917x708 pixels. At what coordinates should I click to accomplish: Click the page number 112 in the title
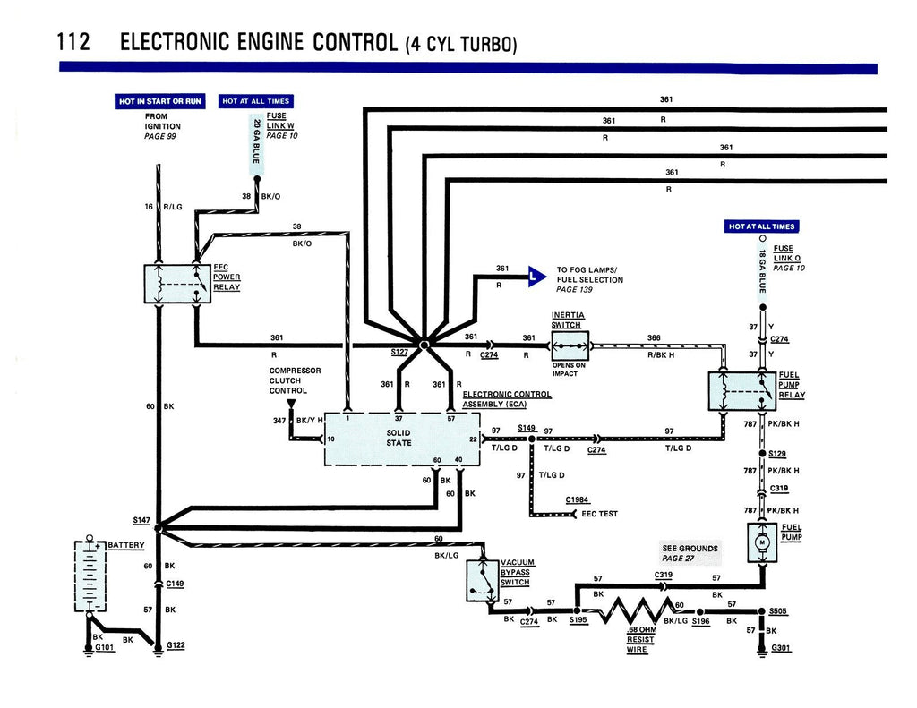coord(73,43)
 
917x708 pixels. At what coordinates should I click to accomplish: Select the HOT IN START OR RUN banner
coord(160,101)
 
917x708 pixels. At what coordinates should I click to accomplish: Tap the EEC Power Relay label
coord(227,277)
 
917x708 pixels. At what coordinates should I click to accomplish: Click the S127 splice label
coord(400,353)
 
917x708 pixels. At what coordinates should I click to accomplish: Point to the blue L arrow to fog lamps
coord(536,277)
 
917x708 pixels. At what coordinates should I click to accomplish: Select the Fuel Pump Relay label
coord(792,385)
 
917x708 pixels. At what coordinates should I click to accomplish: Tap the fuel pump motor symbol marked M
coord(763,543)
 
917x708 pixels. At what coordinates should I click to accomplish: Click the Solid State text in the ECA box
coord(399,438)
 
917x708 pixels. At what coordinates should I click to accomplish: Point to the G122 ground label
coord(175,645)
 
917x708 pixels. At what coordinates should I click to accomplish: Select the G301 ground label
coord(781,648)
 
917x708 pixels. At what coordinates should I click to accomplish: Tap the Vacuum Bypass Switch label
coord(515,572)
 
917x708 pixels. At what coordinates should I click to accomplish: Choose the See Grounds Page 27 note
coord(690,553)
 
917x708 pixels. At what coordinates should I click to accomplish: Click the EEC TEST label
coord(599,514)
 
